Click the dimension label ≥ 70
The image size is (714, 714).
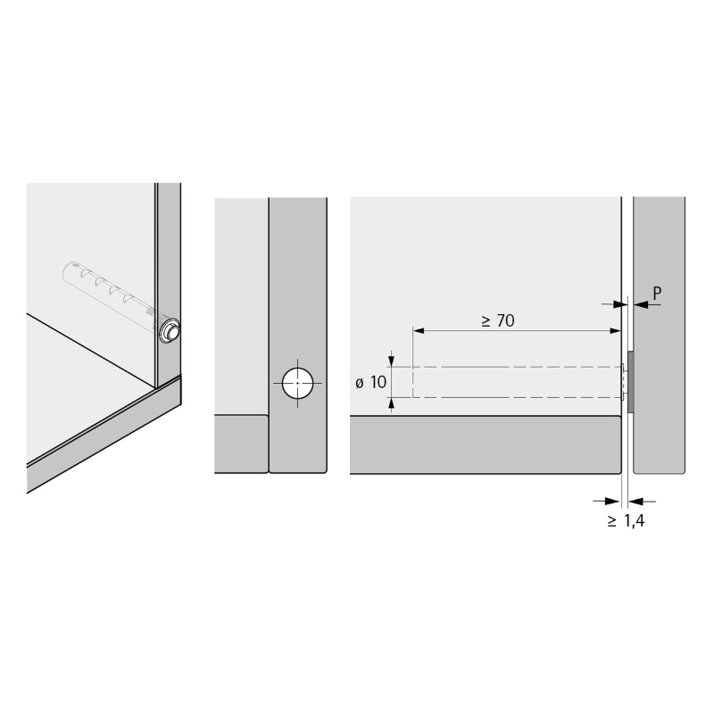click(x=498, y=320)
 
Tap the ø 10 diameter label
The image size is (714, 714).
click(x=370, y=383)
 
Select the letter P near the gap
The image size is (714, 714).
click(x=657, y=294)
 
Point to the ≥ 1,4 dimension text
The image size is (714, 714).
click(x=627, y=520)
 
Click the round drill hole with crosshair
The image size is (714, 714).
click(x=298, y=383)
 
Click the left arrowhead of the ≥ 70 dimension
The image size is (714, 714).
click(x=419, y=330)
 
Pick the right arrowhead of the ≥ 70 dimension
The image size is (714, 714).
click(x=615, y=330)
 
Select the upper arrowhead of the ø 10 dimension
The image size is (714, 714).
click(x=391, y=361)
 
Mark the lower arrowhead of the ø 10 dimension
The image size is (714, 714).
click(x=391, y=403)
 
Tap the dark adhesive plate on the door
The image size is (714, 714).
click(x=631, y=382)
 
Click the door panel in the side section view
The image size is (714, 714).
click(x=659, y=336)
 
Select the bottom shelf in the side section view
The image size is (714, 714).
click(x=486, y=444)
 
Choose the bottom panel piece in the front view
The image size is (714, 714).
click(x=241, y=444)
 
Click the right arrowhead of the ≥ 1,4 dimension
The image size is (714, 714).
click(x=635, y=502)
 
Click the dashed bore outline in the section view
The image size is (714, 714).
click(x=518, y=367)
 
